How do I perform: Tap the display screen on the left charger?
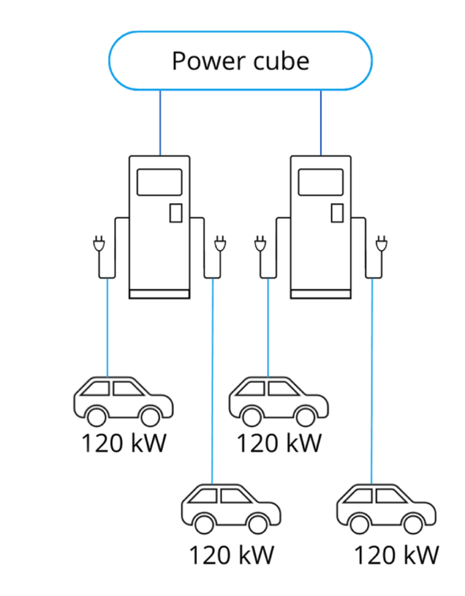159,182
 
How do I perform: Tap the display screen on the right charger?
320,182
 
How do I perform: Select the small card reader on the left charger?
175,213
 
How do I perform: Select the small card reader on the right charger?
337,213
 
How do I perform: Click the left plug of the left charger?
98,244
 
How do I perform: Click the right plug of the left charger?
220,244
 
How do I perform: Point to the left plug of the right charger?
260,244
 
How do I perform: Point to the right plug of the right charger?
382,244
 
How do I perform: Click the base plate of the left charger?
159,294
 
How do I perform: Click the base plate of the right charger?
320,294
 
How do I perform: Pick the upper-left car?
123,400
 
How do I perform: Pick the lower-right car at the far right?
386,510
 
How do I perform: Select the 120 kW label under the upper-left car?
124,444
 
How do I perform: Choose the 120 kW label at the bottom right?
396,555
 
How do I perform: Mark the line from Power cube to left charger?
160,122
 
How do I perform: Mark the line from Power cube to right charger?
321,122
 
